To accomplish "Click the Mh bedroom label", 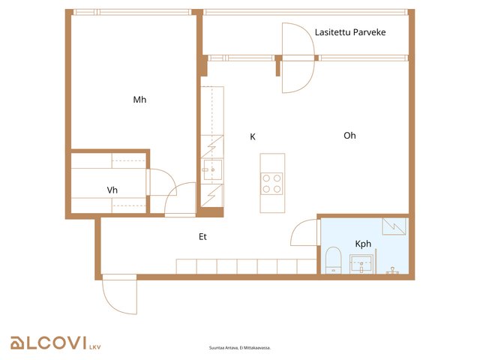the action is pyautogui.click(x=139, y=100).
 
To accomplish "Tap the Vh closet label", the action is pyautogui.click(x=112, y=190).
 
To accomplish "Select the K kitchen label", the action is pyautogui.click(x=253, y=136).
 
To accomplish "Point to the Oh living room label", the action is pyautogui.click(x=349, y=135).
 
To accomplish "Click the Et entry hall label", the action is pyautogui.click(x=202, y=237).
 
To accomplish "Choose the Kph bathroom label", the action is pyautogui.click(x=363, y=244).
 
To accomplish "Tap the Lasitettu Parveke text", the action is pyautogui.click(x=350, y=32).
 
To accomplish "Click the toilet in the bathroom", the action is pyautogui.click(x=333, y=260).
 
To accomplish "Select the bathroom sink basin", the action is pyautogui.click(x=361, y=264).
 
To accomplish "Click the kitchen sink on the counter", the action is pyautogui.click(x=213, y=169).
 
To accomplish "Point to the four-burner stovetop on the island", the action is pyautogui.click(x=271, y=183).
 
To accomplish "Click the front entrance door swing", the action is pyautogui.click(x=120, y=295).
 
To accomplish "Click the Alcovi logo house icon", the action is pyautogui.click(x=17, y=343).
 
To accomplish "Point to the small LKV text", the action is pyautogui.click(x=95, y=347).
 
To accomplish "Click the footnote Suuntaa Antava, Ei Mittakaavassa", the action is pyautogui.click(x=240, y=348).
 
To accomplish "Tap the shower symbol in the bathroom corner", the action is pyautogui.click(x=394, y=226).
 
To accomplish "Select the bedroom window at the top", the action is pyautogui.click(x=132, y=12).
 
